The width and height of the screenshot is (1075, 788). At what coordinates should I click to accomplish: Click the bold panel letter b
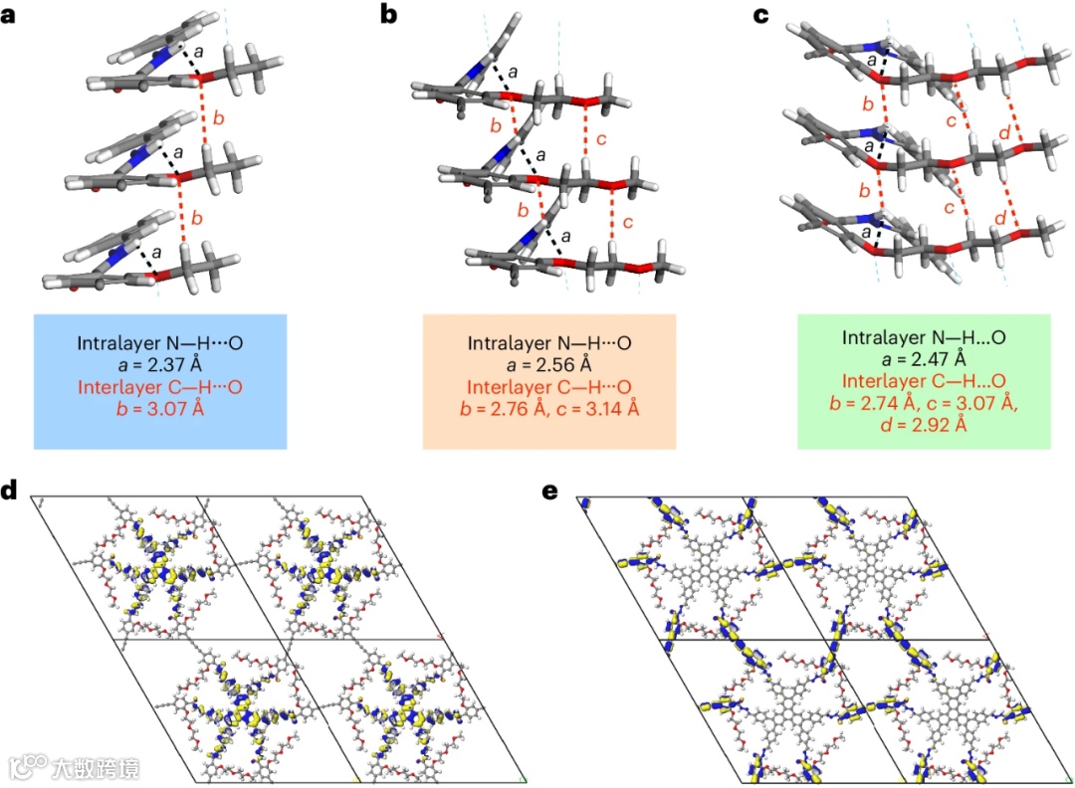point(390,16)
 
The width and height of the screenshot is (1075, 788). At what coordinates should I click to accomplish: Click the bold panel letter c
point(761,16)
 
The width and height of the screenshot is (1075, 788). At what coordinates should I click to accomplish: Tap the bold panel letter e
point(549,492)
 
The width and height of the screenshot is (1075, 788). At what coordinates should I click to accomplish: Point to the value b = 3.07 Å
point(160,407)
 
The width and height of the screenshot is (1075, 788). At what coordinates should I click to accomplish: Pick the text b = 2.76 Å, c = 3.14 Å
point(549,407)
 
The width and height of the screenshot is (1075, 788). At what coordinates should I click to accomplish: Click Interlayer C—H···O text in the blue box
point(160,386)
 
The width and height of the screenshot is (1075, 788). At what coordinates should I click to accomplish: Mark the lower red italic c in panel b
point(626,223)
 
